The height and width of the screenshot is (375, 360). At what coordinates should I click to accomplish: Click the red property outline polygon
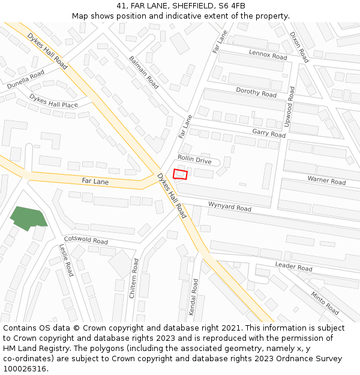point(180,174)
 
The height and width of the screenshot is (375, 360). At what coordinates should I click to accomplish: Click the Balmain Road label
point(144,72)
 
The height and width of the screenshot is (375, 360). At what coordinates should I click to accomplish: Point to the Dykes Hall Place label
point(53,101)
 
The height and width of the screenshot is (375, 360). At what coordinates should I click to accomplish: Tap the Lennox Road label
point(268,55)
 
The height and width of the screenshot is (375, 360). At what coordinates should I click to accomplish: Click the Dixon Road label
point(299,47)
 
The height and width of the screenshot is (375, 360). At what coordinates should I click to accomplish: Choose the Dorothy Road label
point(256,92)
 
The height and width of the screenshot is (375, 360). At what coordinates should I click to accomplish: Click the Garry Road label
point(269,133)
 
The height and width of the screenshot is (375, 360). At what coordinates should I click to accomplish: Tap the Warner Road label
point(326,179)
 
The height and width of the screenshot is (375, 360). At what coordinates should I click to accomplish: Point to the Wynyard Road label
point(230,207)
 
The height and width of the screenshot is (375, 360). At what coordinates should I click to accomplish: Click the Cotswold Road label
point(86,240)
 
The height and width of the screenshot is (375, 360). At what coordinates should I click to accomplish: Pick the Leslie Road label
point(66,260)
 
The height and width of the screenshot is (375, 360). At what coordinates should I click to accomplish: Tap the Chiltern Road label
point(135,278)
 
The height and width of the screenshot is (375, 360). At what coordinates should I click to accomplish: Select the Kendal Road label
point(194,297)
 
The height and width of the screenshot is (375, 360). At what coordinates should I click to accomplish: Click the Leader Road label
point(294,266)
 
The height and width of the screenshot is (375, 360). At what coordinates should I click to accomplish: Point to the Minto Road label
point(325,303)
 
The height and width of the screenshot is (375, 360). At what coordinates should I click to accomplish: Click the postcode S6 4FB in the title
point(232,6)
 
